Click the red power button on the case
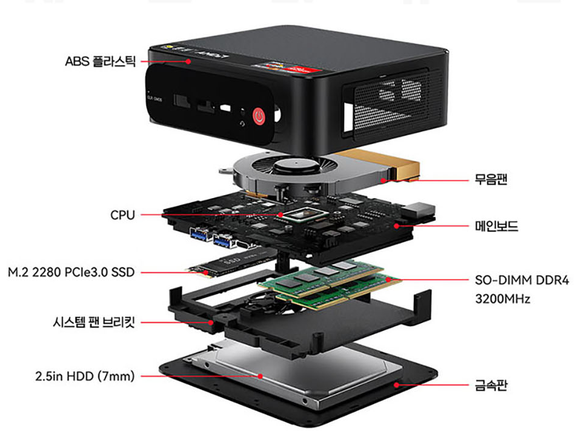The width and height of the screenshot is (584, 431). (x=259, y=116)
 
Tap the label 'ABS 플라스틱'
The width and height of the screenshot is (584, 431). (x=100, y=61)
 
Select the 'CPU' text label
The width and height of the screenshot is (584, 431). (x=122, y=215)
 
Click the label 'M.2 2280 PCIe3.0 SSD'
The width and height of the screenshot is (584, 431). (x=71, y=272)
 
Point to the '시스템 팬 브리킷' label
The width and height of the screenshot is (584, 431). (x=93, y=322)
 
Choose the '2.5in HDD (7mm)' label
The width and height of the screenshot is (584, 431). (x=85, y=376)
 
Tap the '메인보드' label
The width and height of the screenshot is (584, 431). (x=496, y=226)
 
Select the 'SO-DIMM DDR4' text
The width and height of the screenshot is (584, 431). (x=522, y=280)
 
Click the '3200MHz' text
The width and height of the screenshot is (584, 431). (x=502, y=299)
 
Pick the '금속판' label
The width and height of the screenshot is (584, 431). (x=491, y=385)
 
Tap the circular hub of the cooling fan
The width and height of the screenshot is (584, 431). (x=296, y=165)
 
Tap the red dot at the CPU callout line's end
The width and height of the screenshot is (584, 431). (x=280, y=215)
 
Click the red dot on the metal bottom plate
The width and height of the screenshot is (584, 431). (x=397, y=385)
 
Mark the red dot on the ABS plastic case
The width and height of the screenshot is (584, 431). (x=188, y=61)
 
